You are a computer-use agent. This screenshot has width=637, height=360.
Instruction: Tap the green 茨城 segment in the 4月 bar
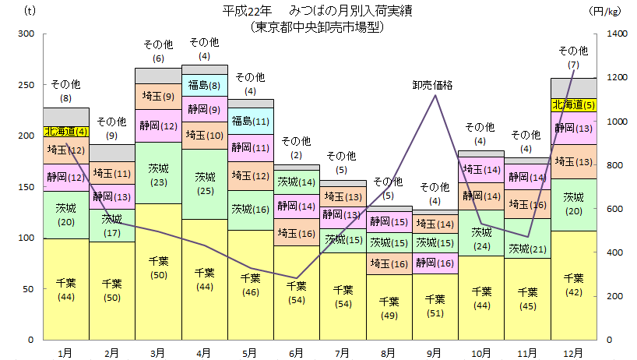(205, 184)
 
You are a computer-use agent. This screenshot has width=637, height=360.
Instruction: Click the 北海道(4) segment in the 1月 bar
(66, 132)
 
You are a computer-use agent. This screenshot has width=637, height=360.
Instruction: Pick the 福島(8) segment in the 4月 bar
(205, 85)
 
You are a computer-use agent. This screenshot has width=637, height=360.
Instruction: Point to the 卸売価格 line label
(434, 84)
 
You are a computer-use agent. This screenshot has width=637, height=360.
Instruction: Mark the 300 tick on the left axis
(26, 34)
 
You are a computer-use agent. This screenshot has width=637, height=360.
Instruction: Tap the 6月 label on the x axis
(296, 352)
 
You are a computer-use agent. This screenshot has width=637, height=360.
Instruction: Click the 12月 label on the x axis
(573, 352)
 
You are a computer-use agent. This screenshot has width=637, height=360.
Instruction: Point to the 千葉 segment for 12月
(573, 285)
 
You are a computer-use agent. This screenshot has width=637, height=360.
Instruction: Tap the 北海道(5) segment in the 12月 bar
(573, 105)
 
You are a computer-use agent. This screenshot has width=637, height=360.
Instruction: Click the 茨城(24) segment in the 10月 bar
(480, 238)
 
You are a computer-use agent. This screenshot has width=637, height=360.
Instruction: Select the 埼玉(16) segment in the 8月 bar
(388, 264)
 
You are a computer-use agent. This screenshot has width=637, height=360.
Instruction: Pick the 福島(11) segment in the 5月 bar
(251, 122)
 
